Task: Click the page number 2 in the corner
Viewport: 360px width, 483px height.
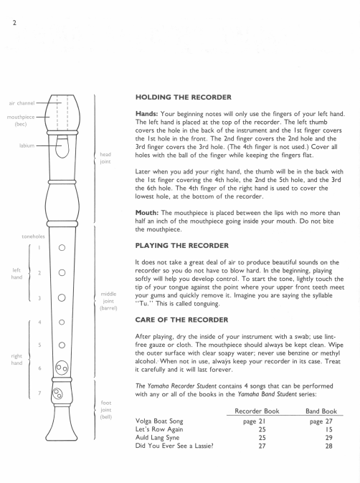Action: pyautogui.click(x=14, y=23)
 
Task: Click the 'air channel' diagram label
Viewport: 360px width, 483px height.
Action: pyautogui.click(x=22, y=103)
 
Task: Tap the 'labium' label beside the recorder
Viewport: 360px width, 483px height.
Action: pyautogui.click(x=27, y=145)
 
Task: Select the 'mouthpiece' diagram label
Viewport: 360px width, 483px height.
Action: pyautogui.click(x=21, y=117)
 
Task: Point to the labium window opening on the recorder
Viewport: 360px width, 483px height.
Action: pyautogui.click(x=62, y=147)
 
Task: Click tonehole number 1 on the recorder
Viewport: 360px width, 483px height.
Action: pyautogui.click(x=62, y=248)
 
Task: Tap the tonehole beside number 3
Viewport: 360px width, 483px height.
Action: pyautogui.click(x=62, y=298)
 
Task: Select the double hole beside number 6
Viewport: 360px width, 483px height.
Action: pyautogui.click(x=62, y=368)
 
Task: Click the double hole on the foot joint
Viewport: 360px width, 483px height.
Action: pyautogui.click(x=57, y=393)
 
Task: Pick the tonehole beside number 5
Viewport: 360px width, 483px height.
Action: pyautogui.click(x=62, y=345)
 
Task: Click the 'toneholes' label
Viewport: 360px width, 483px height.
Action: pyautogui.click(x=33, y=236)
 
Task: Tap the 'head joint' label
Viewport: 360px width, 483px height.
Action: pyautogui.click(x=105, y=158)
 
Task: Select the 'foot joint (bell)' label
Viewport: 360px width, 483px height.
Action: pyautogui.click(x=106, y=410)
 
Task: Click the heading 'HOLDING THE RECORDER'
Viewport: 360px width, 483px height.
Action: pyautogui.click(x=184, y=97)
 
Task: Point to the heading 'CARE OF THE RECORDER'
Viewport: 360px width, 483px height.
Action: pyautogui.click(x=181, y=320)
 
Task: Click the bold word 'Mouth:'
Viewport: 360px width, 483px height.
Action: pyautogui.click(x=147, y=213)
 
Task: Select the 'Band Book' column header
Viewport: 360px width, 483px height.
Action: pyautogui.click(x=321, y=411)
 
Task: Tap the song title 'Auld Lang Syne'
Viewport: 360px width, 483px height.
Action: pyautogui.click(x=157, y=438)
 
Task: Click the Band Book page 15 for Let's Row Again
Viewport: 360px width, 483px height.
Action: pyautogui.click(x=329, y=429)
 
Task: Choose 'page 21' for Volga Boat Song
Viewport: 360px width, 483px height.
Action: pyautogui.click(x=255, y=421)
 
